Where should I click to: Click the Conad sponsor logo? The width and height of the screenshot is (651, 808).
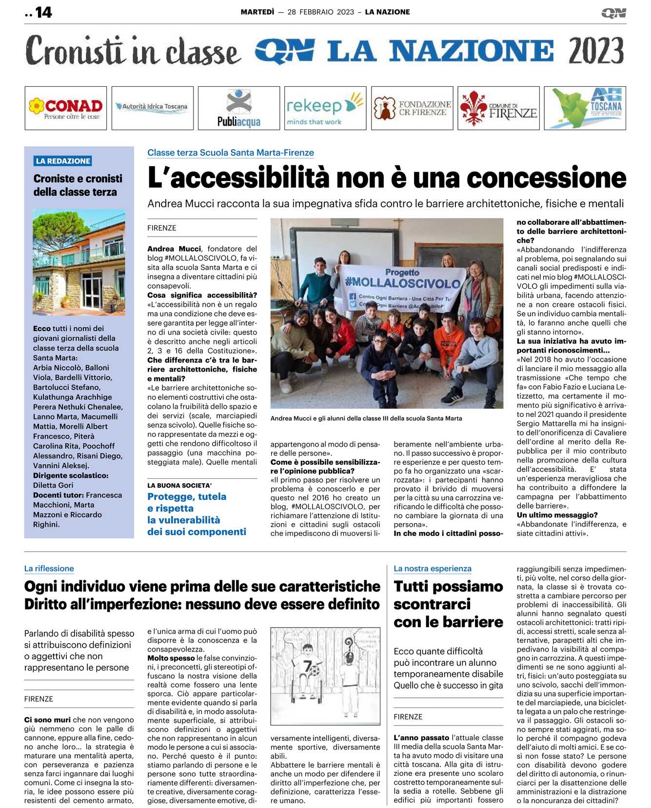(x=65, y=108)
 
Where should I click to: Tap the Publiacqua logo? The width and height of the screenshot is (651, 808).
(x=239, y=108)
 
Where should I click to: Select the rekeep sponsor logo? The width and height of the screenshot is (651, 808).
(x=325, y=108)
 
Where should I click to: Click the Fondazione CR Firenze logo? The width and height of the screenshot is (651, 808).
(x=412, y=108)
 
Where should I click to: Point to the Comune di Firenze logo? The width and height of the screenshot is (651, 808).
(x=498, y=108)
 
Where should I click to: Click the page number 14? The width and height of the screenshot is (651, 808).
(x=43, y=12)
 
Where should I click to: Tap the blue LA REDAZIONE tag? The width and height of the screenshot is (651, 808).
(x=63, y=161)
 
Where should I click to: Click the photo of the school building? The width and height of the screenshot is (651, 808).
(x=79, y=262)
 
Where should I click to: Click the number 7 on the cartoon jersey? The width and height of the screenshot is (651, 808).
(x=307, y=666)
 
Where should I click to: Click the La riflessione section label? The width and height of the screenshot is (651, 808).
(x=49, y=569)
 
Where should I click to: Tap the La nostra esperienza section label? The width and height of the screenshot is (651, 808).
(x=433, y=569)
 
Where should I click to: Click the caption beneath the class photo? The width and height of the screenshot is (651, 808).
(x=366, y=418)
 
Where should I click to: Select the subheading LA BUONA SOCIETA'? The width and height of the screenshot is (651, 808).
(x=179, y=485)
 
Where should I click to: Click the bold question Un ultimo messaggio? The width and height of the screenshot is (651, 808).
(x=557, y=515)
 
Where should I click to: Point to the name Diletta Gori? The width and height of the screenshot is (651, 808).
(x=53, y=485)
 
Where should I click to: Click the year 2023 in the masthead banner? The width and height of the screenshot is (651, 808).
(x=596, y=51)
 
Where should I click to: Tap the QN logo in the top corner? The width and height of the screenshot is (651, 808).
(x=613, y=13)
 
